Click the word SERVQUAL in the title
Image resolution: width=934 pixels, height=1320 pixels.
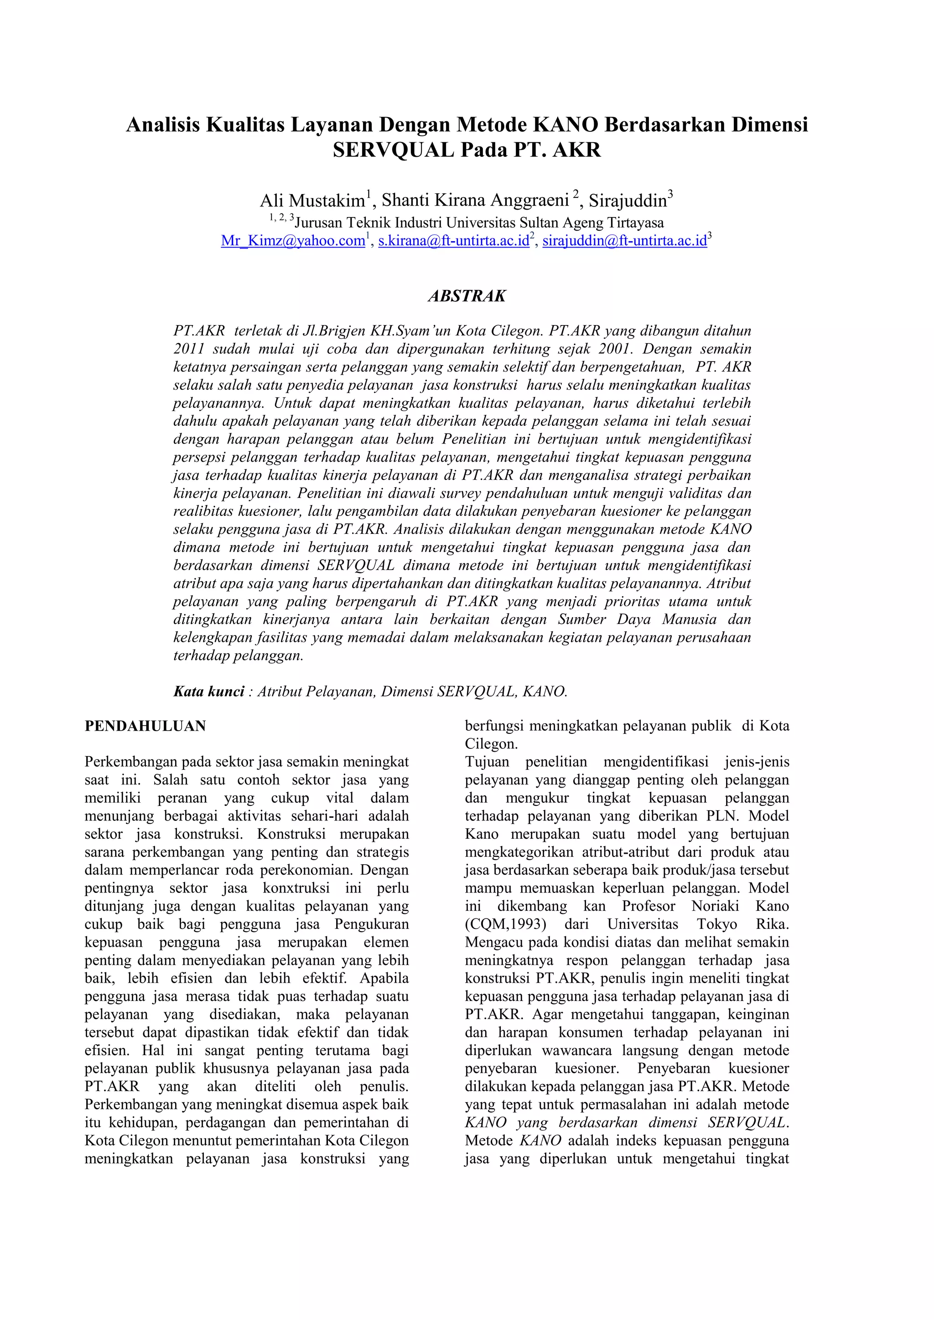click(x=394, y=150)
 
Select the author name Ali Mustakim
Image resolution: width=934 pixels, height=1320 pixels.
click(x=312, y=201)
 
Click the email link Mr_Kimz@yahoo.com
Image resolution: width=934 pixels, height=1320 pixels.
click(x=293, y=241)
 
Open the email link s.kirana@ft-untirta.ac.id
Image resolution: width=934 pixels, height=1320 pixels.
click(x=453, y=241)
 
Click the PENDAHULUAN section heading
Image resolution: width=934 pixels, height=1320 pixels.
click(x=145, y=726)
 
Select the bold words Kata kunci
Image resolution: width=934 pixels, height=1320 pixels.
click(x=209, y=691)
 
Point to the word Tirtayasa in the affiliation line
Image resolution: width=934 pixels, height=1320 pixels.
click(x=632, y=223)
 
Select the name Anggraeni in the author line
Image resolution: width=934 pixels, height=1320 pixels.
click(x=533, y=201)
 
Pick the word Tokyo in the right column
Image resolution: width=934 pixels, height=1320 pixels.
click(x=716, y=924)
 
